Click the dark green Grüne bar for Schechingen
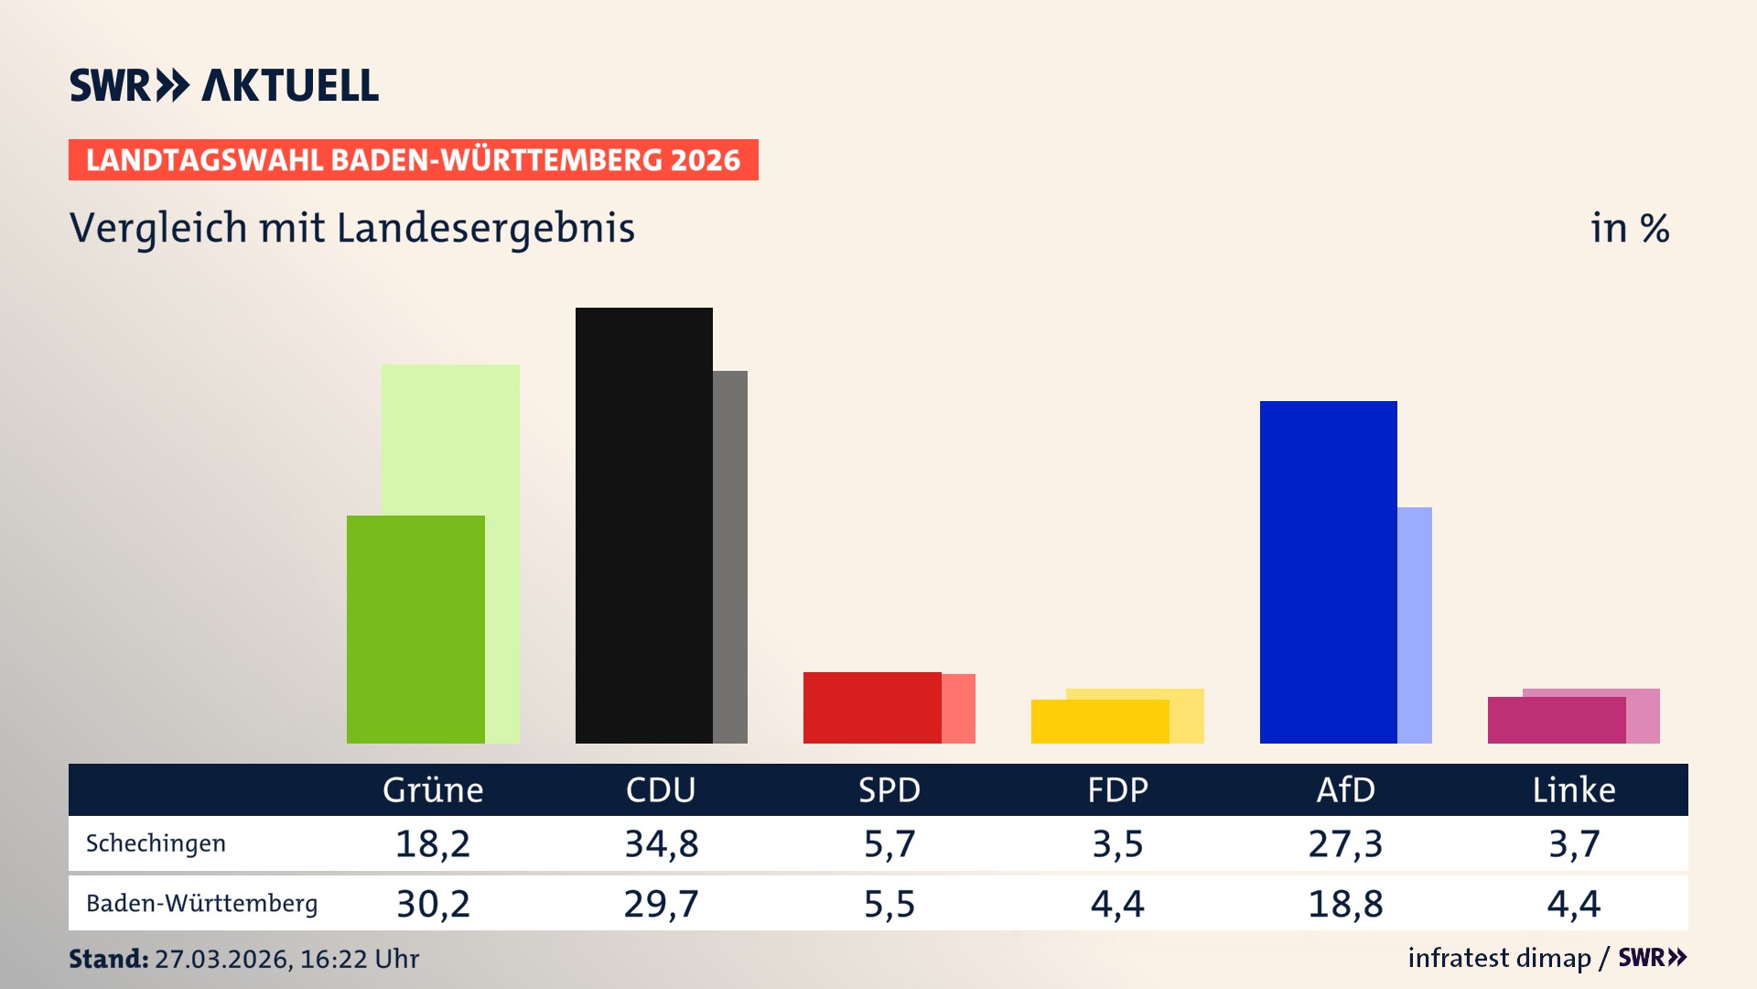click(x=415, y=629)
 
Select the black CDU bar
click(x=643, y=525)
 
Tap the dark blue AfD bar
click(x=1328, y=571)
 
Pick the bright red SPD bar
click(x=871, y=707)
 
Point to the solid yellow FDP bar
click(x=1099, y=722)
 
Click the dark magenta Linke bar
click(x=1556, y=720)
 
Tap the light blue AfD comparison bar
click(x=1415, y=625)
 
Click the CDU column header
click(x=661, y=789)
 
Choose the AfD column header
click(x=1345, y=789)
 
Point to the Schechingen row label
click(x=156, y=843)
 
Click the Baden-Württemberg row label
click(x=201, y=904)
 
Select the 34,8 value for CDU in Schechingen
click(x=661, y=843)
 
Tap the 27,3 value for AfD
click(x=1345, y=843)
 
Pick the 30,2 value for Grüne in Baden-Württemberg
click(x=433, y=904)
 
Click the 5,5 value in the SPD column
click(x=889, y=904)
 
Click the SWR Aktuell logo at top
click(x=224, y=85)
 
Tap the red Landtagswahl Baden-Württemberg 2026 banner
click(x=413, y=160)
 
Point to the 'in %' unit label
click(x=1630, y=228)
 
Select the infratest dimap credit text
click(x=1499, y=958)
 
